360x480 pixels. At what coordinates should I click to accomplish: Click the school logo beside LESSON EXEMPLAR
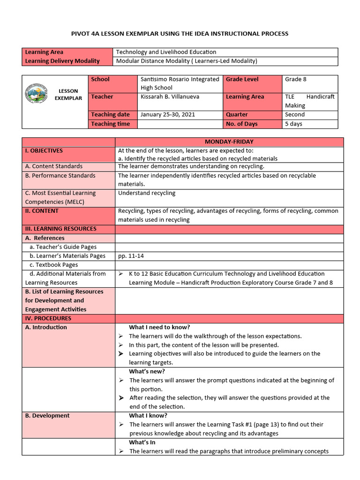pyautogui.click(x=36, y=94)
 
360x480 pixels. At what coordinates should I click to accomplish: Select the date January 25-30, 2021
pyautogui.click(x=168, y=114)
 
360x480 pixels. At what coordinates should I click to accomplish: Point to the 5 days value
pyautogui.click(x=293, y=124)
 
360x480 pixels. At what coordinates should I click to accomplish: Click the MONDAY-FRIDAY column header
pyautogui.click(x=229, y=142)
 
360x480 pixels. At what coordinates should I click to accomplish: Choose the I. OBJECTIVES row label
pyautogui.click(x=44, y=150)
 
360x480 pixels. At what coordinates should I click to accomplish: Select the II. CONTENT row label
pyautogui.click(x=42, y=211)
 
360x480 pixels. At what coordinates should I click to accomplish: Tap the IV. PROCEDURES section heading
pyautogui.click(x=48, y=318)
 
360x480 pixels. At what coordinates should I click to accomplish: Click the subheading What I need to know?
pyautogui.click(x=159, y=327)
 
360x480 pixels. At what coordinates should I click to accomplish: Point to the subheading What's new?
pyautogui.click(x=147, y=371)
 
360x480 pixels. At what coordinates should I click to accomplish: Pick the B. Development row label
pyautogui.click(x=47, y=415)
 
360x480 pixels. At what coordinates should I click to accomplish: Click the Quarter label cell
pyautogui.click(x=237, y=114)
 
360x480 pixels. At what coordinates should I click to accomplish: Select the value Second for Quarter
pyautogui.click(x=295, y=114)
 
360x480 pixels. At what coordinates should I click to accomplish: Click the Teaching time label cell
pyautogui.click(x=111, y=124)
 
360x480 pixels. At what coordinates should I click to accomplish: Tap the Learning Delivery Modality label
pyautogui.click(x=62, y=61)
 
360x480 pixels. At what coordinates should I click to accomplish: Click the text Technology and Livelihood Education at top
pyautogui.click(x=166, y=52)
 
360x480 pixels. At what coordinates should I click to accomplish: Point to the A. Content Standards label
pyautogui.click(x=54, y=166)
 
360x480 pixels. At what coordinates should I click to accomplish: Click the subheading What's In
pyautogui.click(x=142, y=442)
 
